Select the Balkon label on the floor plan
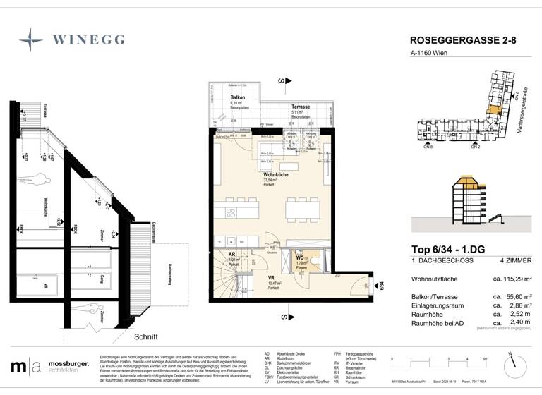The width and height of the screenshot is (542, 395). point(237,98)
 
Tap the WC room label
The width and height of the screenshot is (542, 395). point(299,259)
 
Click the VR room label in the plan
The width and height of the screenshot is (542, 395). point(270,278)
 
